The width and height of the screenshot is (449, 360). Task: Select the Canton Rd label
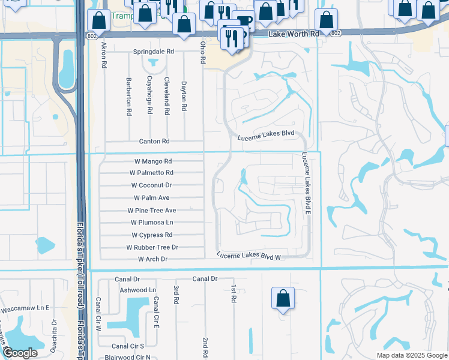click(154, 142)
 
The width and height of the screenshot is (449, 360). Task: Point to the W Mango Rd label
click(152, 161)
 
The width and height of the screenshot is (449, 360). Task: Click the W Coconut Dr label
click(152, 185)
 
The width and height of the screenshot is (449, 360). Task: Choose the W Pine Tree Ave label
click(152, 211)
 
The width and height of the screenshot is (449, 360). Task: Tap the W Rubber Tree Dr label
click(152, 247)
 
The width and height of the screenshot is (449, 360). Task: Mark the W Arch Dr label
click(153, 259)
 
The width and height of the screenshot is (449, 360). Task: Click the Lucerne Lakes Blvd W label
click(249, 256)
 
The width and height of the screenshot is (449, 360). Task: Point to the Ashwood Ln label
click(137, 290)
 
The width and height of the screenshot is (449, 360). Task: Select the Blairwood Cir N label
click(127, 357)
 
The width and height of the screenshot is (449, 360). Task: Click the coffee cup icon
click(244, 21)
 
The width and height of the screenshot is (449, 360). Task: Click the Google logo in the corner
click(20, 353)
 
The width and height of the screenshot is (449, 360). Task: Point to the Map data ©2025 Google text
click(411, 355)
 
